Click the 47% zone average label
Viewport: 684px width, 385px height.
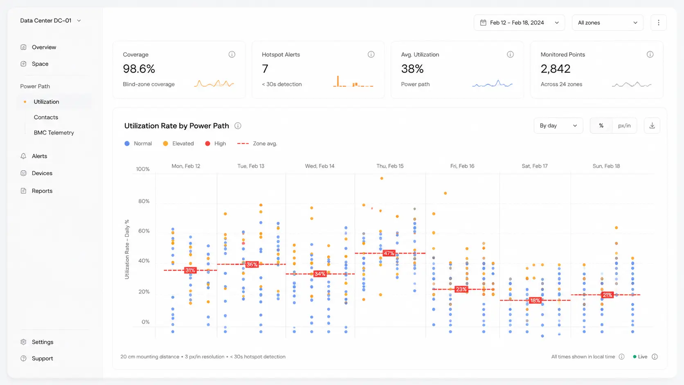[x=389, y=253]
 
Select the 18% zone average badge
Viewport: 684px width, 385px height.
[x=535, y=300]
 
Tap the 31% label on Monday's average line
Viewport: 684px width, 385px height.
[x=190, y=270]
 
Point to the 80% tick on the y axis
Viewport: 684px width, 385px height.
[x=144, y=201]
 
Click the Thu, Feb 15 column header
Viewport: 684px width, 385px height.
[x=390, y=166]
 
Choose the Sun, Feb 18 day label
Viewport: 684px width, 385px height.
[x=606, y=166]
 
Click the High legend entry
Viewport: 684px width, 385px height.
[x=216, y=144]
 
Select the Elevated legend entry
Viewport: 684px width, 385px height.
[x=178, y=144]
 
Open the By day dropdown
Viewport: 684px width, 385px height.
[x=558, y=126]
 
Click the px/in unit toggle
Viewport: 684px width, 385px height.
[x=624, y=126]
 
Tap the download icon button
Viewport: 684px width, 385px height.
[x=652, y=126]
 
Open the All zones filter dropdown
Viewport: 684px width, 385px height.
[x=607, y=23]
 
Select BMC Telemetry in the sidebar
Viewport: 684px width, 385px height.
[x=54, y=133]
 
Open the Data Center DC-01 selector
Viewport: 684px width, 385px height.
[x=50, y=20]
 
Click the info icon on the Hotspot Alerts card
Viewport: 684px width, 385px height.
[x=371, y=54]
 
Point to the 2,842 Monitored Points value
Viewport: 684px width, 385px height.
[x=556, y=69]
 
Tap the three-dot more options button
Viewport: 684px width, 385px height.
[x=658, y=23]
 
